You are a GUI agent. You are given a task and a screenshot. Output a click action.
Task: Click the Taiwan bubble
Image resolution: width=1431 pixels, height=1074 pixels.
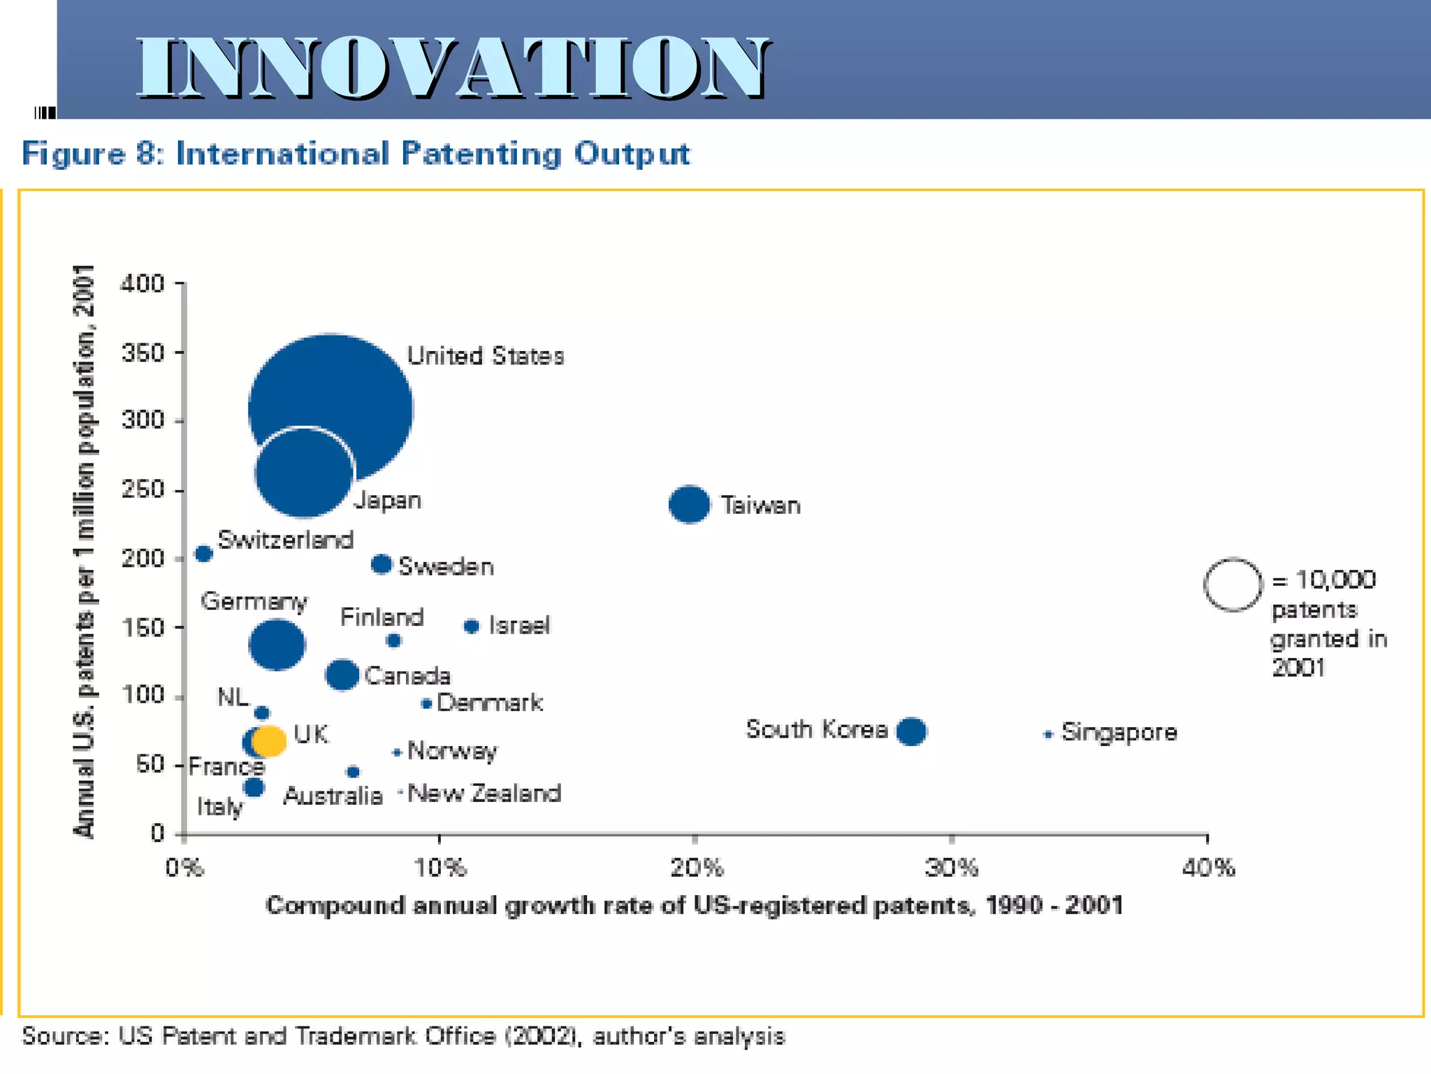click(689, 504)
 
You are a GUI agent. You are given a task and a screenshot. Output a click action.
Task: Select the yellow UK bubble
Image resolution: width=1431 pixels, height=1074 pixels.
click(269, 740)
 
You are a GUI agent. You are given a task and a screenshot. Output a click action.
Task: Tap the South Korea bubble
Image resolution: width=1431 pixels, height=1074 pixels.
click(911, 731)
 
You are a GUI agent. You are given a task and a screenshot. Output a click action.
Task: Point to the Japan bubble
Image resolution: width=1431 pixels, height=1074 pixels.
click(304, 473)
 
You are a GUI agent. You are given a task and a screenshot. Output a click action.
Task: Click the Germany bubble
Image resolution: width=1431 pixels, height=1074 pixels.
click(277, 644)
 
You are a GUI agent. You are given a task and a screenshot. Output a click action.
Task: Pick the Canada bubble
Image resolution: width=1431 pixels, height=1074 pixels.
click(342, 675)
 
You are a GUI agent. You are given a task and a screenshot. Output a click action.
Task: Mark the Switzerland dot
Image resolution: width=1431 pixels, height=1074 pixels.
click(203, 554)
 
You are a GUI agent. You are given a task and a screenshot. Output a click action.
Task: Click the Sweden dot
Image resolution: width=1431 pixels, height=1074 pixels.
click(381, 564)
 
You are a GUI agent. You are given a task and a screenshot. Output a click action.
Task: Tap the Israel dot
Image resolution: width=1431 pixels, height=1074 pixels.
click(472, 626)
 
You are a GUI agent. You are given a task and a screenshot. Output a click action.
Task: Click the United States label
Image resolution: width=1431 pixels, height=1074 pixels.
click(486, 356)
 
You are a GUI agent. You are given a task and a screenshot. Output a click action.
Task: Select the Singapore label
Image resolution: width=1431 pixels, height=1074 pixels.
click(1119, 732)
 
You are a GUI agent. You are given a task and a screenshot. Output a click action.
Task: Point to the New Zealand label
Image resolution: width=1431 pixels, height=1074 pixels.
click(484, 793)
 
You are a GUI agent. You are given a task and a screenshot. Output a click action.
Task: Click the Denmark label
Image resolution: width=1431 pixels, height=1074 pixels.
click(489, 702)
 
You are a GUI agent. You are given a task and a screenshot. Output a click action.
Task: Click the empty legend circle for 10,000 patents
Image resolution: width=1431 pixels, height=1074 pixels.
click(1233, 585)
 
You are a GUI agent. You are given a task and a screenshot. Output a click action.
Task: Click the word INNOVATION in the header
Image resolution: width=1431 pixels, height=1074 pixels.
click(453, 68)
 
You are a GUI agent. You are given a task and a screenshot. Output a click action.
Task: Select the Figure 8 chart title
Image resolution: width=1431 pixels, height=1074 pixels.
click(356, 154)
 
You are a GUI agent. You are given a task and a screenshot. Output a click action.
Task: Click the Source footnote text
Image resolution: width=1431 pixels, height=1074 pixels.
click(403, 1036)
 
